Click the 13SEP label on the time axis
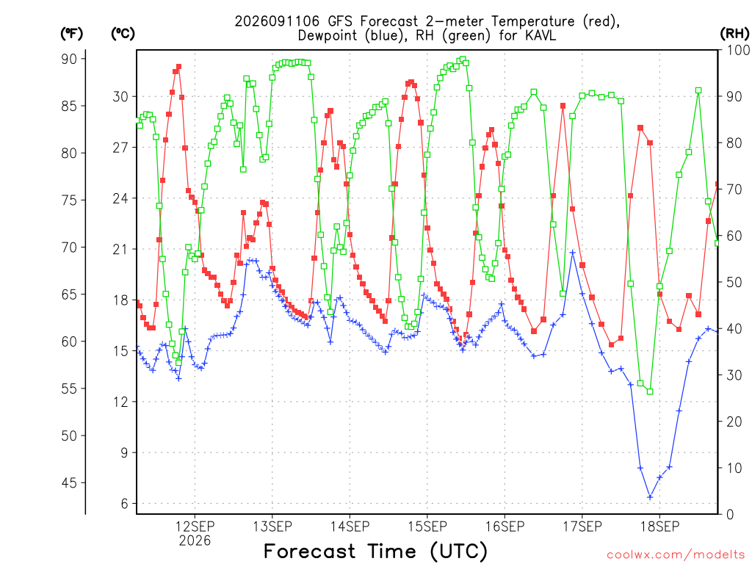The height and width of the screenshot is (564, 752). click(272, 527)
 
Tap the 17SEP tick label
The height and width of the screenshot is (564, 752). click(582, 527)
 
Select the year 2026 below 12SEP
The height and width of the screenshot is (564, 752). click(195, 541)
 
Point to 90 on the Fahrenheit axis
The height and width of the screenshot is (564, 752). click(68, 59)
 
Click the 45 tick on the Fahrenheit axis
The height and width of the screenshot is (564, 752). click(68, 482)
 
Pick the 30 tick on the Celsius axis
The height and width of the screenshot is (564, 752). click(120, 96)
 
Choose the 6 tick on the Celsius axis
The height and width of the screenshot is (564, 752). click(125, 504)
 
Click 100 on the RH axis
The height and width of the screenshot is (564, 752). click(737, 50)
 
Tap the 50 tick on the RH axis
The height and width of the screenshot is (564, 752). click(734, 282)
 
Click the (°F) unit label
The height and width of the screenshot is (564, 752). click(71, 34)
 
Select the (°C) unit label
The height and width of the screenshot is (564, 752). click(123, 34)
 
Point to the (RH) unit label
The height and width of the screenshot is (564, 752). click(734, 34)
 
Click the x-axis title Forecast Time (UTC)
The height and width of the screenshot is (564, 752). click(375, 552)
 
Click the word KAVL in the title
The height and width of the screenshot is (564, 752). click(540, 35)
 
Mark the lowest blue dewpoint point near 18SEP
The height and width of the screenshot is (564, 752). click(650, 497)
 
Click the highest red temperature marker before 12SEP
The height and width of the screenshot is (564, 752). click(179, 67)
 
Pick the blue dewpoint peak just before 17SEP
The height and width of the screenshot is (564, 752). click(572, 252)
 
